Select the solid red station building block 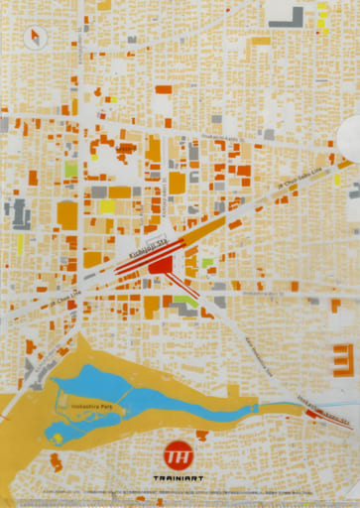(x=162, y=266)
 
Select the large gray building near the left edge (x=17, y=213)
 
